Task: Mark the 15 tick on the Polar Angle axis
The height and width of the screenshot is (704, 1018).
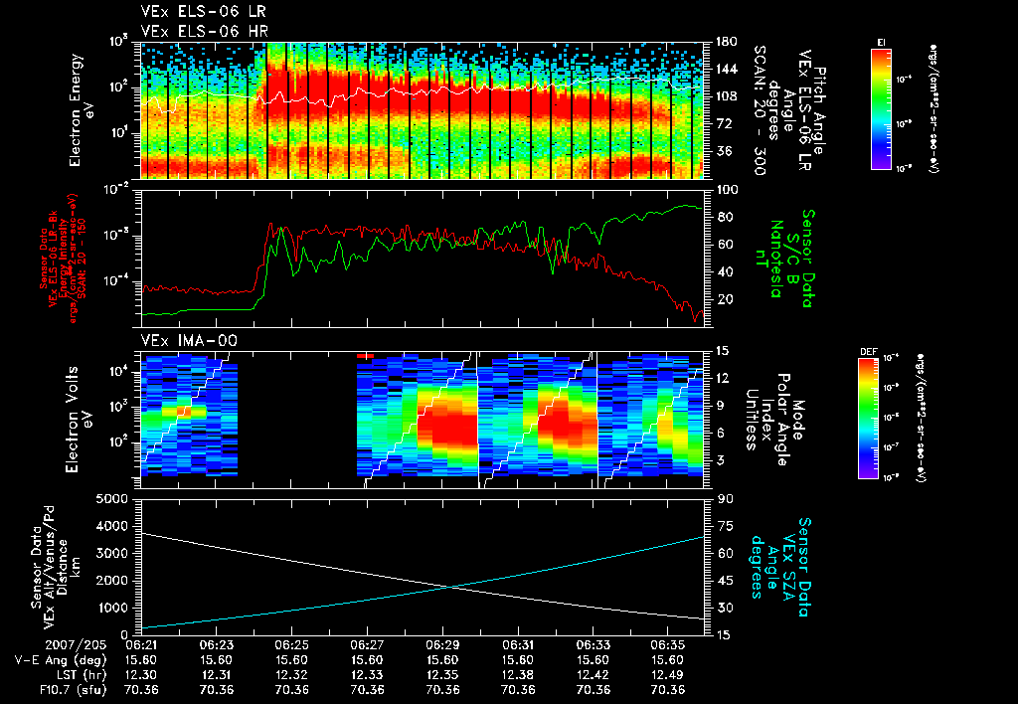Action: pos(721,350)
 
